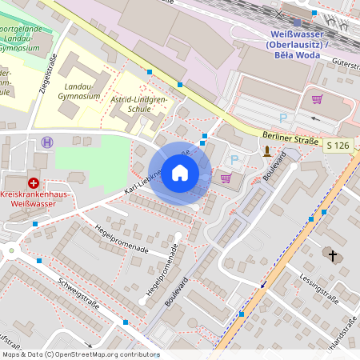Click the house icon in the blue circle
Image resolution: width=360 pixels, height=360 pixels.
click(x=180, y=173)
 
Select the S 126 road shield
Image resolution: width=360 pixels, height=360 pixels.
click(x=338, y=145)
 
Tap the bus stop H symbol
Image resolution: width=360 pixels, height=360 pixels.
click(x=47, y=142)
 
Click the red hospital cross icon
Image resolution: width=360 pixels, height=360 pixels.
click(x=33, y=183)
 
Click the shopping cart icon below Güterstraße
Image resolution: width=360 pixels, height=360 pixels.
click(x=317, y=100)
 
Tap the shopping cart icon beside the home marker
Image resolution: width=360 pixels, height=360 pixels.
click(x=226, y=178)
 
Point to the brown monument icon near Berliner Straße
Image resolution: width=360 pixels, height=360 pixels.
click(x=266, y=150)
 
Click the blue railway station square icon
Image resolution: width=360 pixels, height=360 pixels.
click(x=297, y=22)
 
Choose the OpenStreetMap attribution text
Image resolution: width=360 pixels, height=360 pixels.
click(x=80, y=354)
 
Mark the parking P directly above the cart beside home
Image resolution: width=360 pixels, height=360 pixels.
click(x=234, y=160)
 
